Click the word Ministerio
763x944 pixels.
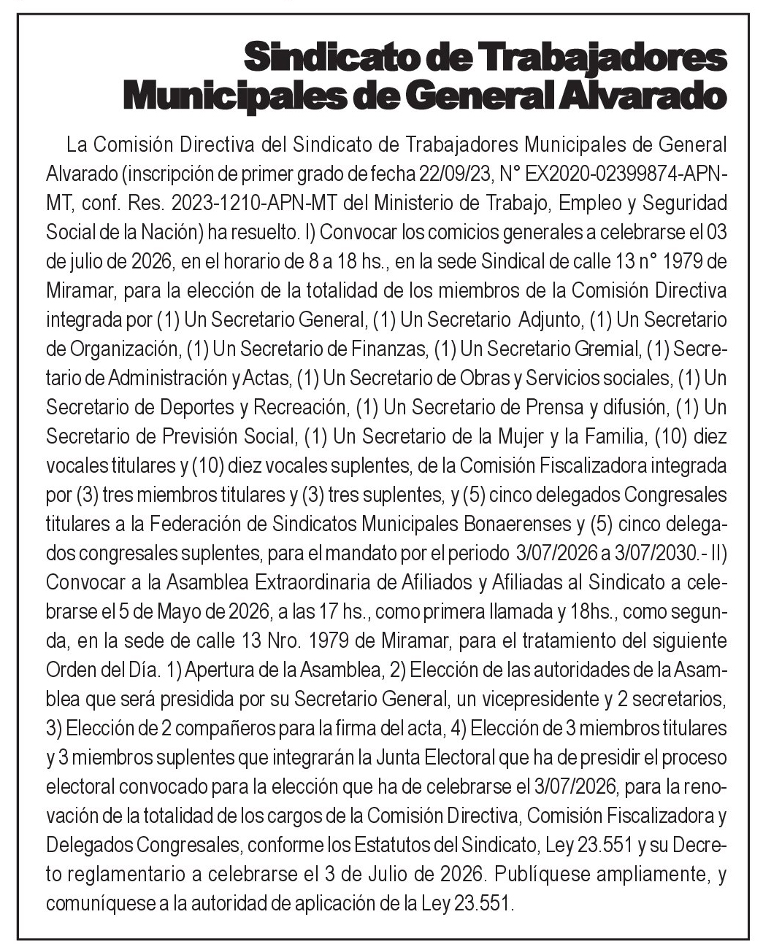tap(429, 202)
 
